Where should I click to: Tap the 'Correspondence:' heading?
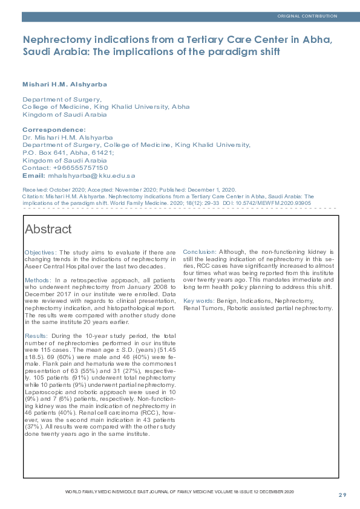tap(54, 130)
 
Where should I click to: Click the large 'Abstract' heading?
tap(48, 229)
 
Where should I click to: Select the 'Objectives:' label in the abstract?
tap(41, 251)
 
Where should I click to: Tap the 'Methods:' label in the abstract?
tap(38, 280)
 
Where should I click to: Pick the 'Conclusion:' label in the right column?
tap(200, 251)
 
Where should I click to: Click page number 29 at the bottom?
tap(342, 495)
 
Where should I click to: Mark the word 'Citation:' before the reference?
tap(33, 196)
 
